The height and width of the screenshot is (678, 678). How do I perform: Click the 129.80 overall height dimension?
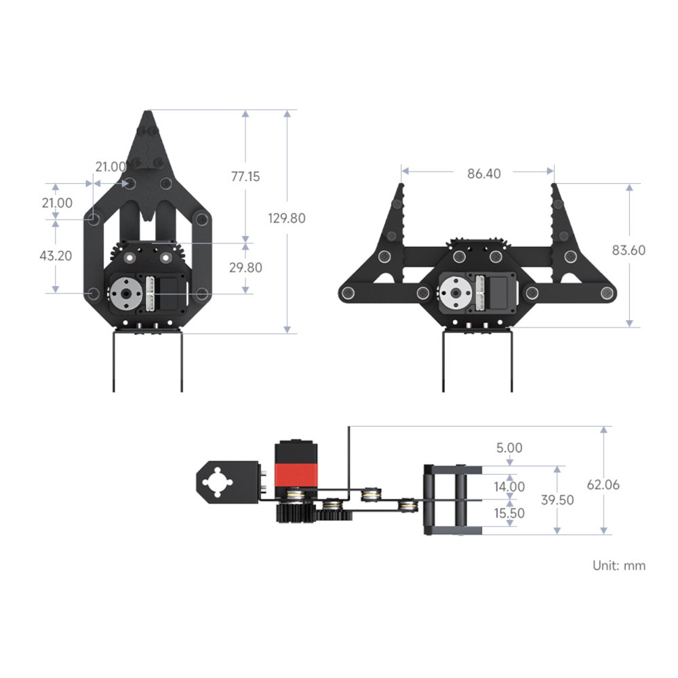click(287, 218)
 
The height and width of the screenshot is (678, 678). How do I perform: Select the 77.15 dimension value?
click(245, 176)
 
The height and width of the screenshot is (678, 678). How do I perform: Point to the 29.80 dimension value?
click(245, 267)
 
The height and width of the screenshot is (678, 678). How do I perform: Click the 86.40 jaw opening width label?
click(483, 174)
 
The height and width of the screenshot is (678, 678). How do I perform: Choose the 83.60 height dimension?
click(629, 250)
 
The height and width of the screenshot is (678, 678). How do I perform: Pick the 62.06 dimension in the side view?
click(603, 485)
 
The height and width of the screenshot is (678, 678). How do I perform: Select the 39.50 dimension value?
click(557, 500)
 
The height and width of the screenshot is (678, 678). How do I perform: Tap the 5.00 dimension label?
click(509, 447)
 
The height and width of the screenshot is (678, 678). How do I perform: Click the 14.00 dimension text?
click(509, 486)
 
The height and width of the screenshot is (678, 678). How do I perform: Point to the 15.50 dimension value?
click(509, 513)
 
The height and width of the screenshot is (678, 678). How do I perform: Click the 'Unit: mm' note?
click(619, 565)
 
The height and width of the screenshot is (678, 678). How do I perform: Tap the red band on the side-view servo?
click(296, 473)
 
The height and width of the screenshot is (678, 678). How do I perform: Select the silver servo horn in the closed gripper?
click(124, 293)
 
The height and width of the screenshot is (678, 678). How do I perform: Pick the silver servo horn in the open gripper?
click(453, 293)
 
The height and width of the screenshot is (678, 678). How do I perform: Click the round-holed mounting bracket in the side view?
click(219, 482)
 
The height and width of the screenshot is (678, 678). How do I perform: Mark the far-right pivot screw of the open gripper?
click(607, 292)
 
